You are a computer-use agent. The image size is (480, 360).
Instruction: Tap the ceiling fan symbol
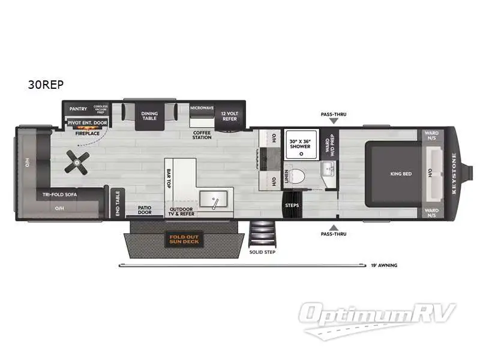77,163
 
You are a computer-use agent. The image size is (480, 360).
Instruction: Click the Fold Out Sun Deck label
184,241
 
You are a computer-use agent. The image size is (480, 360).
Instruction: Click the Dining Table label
149,115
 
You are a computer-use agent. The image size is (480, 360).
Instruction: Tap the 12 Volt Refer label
229,116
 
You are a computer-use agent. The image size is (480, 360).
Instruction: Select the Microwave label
202,108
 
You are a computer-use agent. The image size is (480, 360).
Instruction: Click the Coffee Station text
202,135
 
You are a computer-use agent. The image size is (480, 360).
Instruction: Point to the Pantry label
79,109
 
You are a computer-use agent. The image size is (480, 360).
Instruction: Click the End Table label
117,203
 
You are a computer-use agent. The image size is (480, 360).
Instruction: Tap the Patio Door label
145,209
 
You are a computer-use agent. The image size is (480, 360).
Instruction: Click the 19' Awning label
384,265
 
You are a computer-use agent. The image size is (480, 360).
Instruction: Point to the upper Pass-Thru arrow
334,121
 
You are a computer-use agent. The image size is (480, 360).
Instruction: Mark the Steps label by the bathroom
292,205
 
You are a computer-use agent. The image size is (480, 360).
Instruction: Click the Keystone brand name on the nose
454,174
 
